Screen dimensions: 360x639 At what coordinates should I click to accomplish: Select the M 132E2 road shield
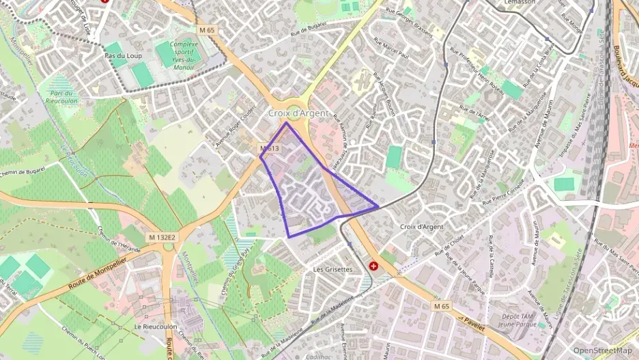pyautogui.click(x=162, y=237)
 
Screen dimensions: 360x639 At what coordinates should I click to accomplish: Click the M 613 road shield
pyautogui.click(x=269, y=148)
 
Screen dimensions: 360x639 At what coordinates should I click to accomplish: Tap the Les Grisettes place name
pyautogui.click(x=332, y=269)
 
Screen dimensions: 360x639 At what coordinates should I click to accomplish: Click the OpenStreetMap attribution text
pyautogui.click(x=603, y=350)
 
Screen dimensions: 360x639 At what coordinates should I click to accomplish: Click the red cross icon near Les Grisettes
pyautogui.click(x=373, y=266)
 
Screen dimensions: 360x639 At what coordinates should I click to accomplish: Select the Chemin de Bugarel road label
pyautogui.click(x=22, y=171)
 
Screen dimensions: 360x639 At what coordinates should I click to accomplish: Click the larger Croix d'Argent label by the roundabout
pyautogui.click(x=298, y=113)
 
